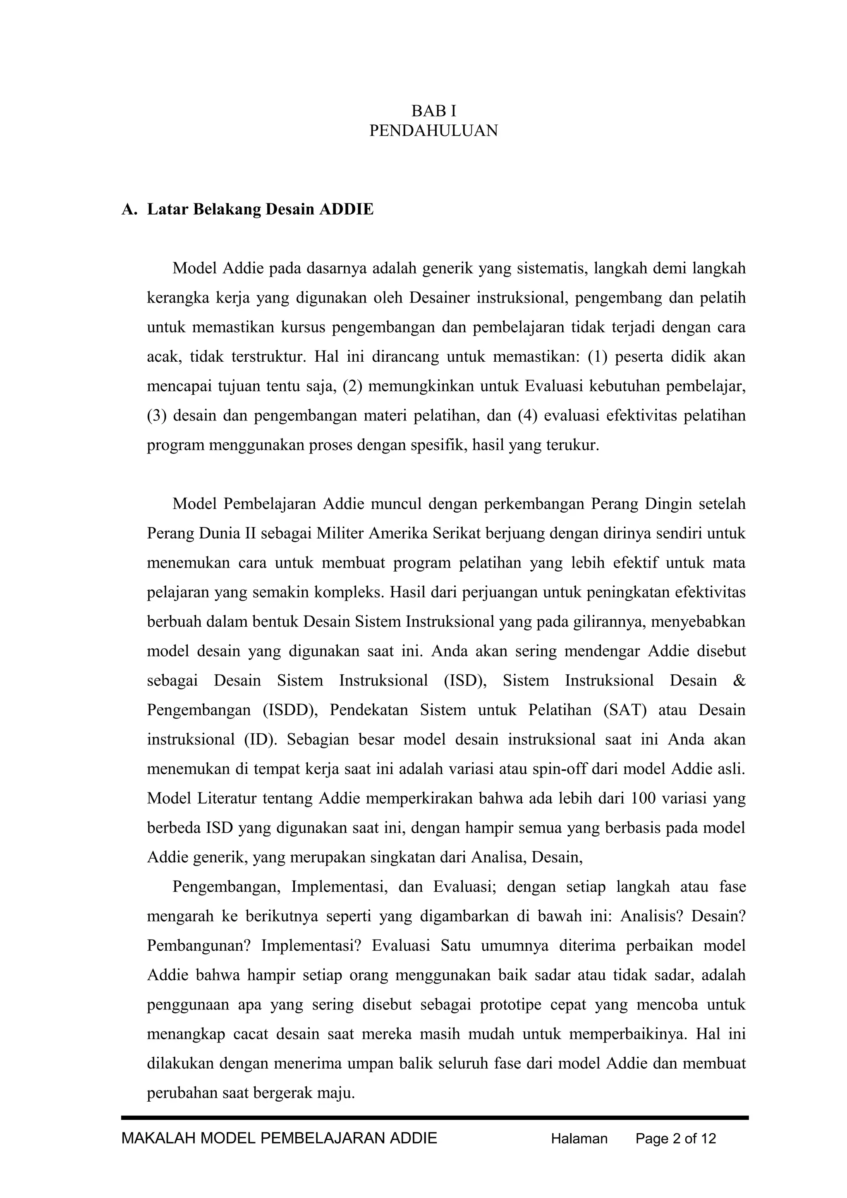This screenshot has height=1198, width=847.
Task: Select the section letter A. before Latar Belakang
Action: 129,209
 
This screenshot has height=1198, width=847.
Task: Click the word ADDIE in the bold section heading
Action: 346,209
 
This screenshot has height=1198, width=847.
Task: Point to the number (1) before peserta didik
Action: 597,357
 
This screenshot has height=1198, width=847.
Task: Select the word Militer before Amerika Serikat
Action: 340,533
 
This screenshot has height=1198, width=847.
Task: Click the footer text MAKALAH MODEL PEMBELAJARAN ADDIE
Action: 279,1138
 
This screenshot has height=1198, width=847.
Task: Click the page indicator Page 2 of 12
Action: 676,1138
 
